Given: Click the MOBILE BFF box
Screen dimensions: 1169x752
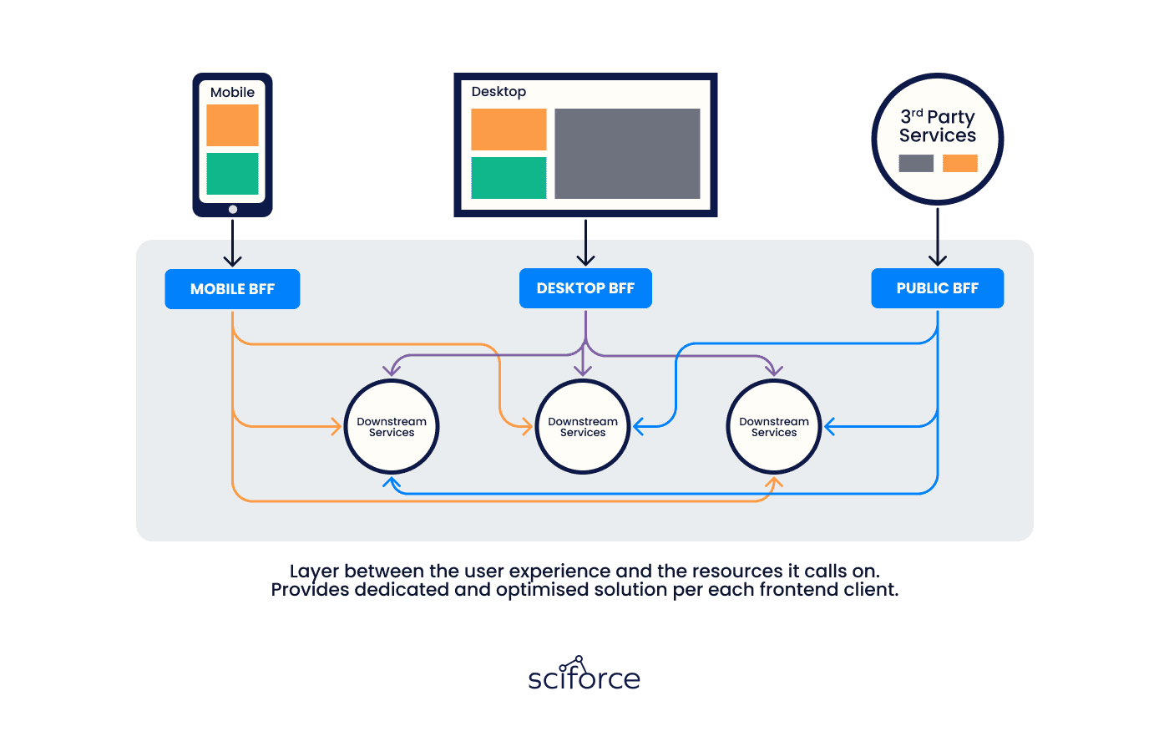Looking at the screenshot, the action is click(232, 289).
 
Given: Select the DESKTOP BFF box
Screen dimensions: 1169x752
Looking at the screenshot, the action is click(585, 287).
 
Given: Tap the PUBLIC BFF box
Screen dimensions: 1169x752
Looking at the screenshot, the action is click(937, 287).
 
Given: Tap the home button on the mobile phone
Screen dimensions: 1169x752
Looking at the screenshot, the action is click(233, 209).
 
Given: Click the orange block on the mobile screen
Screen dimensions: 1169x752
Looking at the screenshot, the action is click(232, 125).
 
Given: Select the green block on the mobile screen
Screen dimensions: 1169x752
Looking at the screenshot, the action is click(232, 174).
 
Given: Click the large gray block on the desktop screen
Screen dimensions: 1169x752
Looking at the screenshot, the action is click(627, 154).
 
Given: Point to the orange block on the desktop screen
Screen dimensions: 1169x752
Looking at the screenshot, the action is click(509, 130).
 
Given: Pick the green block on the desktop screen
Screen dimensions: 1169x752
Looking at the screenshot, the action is click(509, 177).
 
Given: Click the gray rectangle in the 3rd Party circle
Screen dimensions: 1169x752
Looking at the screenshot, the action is click(916, 163).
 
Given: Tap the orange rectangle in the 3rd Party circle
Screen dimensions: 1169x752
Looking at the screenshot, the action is click(959, 163).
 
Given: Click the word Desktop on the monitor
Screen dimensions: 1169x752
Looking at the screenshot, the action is click(498, 92).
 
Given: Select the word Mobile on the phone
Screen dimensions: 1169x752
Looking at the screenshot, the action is click(232, 93).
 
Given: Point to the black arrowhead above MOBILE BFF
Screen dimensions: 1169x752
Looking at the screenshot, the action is click(232, 261).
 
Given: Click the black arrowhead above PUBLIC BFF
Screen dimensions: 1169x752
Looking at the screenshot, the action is click(937, 260).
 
